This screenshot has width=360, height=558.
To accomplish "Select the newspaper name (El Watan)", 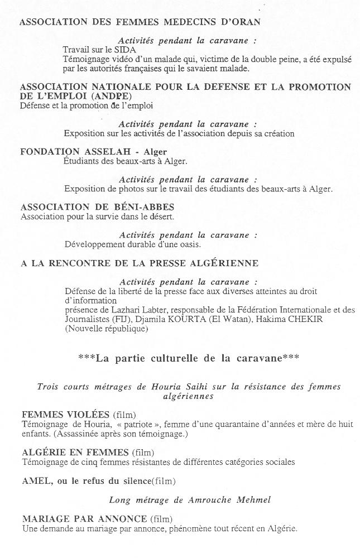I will (x=221, y=319).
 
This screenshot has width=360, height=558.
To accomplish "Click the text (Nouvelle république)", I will (x=106, y=329).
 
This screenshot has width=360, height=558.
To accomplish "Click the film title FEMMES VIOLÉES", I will (x=66, y=414).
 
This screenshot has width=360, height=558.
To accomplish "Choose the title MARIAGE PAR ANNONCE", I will (x=84, y=518).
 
